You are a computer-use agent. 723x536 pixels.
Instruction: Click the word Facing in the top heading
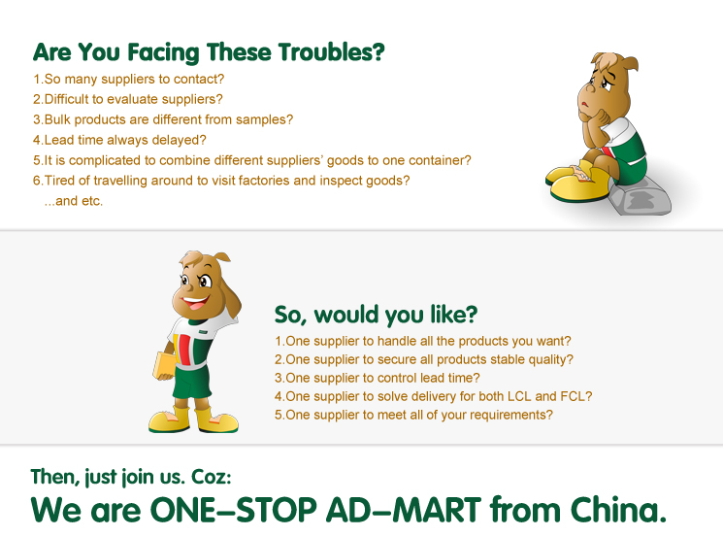tap(163, 52)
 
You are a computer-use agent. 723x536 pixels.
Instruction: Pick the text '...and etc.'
tap(74, 201)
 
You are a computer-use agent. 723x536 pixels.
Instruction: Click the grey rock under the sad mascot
tap(641, 198)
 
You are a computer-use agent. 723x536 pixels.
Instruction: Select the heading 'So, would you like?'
tap(376, 315)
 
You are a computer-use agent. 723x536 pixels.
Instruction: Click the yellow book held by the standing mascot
tap(164, 366)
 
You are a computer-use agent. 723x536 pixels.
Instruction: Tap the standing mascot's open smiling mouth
tap(195, 303)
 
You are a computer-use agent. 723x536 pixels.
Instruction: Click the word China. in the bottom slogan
tap(618, 509)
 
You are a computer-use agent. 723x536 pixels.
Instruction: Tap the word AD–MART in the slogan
tap(404, 510)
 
